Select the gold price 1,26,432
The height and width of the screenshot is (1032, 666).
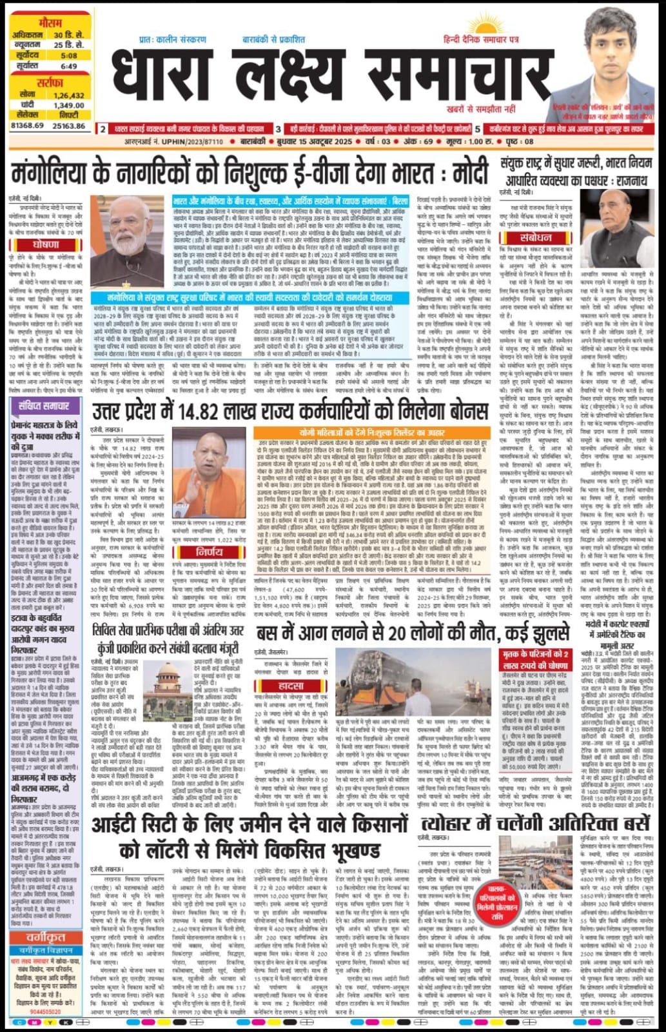[x=69, y=95]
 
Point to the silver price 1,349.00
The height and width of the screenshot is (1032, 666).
[x=69, y=104]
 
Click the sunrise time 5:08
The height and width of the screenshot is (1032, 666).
[x=69, y=55]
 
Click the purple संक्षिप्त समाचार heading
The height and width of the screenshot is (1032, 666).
[x=45, y=406]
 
